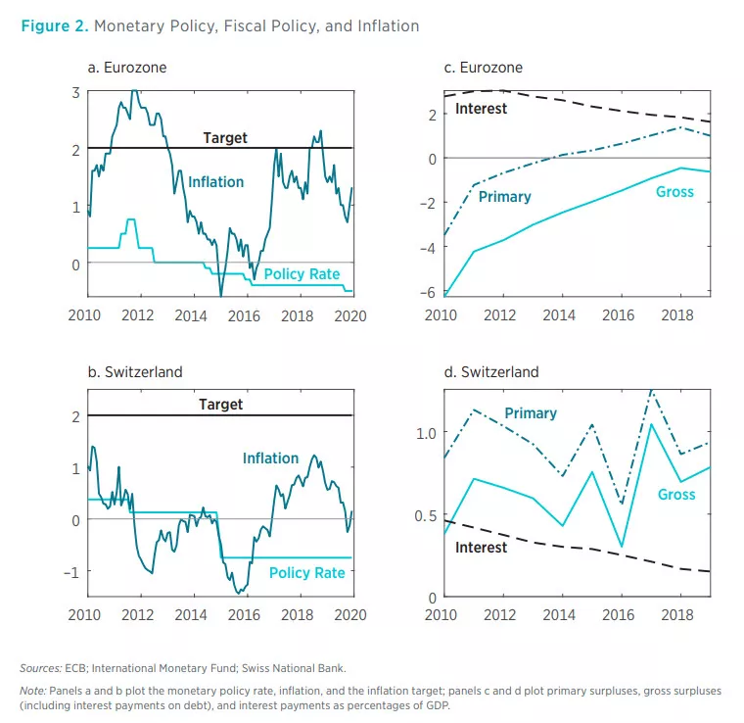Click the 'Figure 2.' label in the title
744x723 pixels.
point(53,25)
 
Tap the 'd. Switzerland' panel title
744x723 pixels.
point(491,372)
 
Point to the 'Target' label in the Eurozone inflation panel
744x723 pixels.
point(225,138)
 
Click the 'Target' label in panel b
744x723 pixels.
point(220,404)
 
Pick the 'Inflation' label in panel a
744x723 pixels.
point(215,181)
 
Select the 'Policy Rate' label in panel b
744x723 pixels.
point(306,572)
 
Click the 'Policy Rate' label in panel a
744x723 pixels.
point(302,274)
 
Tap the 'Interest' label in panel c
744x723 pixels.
point(481,109)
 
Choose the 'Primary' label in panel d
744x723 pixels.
point(531,413)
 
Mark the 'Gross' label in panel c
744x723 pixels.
point(674,192)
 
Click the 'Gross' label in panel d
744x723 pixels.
point(676,495)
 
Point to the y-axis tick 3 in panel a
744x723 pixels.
point(75,92)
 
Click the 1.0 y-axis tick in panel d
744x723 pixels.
point(422,432)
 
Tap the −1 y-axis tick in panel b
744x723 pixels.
point(71,571)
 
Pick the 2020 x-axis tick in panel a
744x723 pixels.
point(350,316)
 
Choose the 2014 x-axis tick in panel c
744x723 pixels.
point(560,316)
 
